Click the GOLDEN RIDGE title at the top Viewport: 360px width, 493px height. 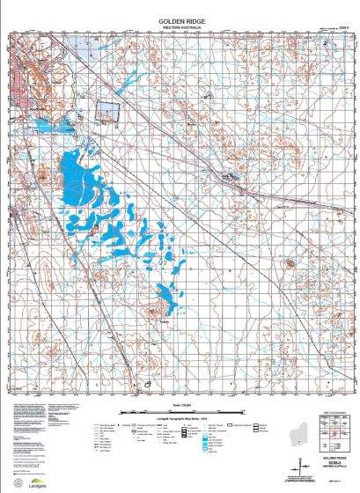(x=180, y=20)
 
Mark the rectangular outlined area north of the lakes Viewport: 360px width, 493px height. (x=105, y=111)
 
